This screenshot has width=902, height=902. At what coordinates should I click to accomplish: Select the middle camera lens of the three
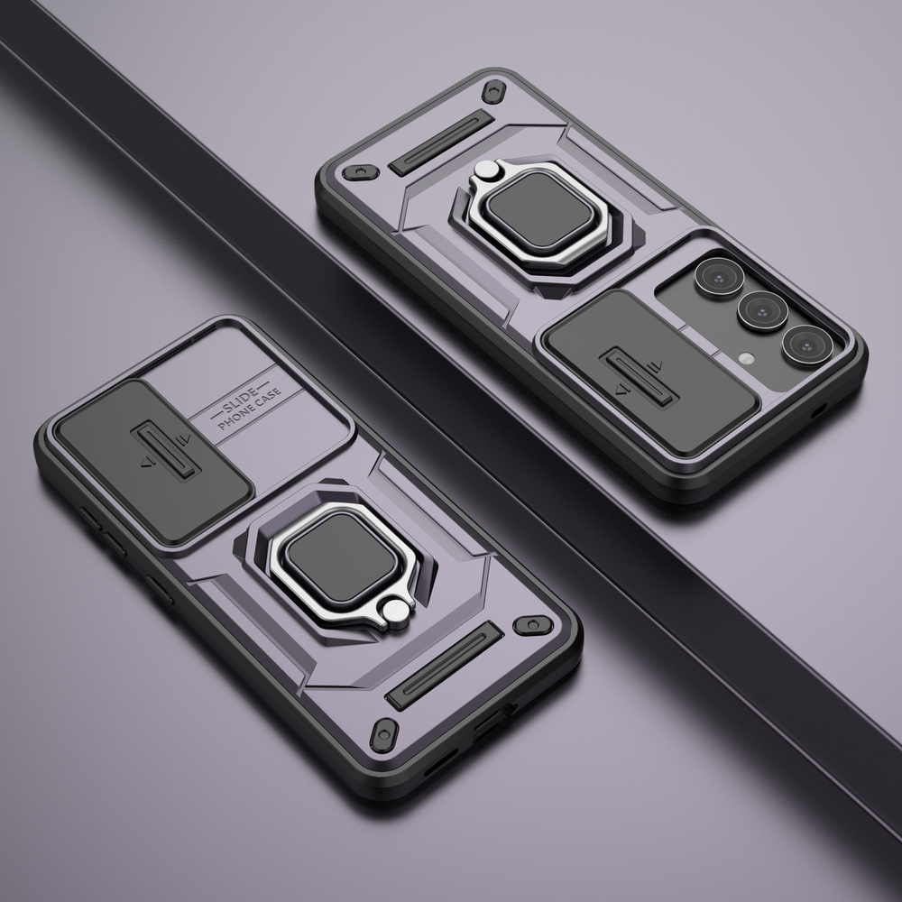pos(762,310)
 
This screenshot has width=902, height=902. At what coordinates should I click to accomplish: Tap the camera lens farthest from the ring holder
pos(805,345)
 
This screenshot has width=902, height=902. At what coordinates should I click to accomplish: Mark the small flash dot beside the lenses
pos(745,358)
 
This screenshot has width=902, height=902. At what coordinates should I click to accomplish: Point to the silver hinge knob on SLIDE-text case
pos(393,614)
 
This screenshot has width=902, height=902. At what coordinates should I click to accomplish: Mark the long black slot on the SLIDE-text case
pos(443,666)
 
